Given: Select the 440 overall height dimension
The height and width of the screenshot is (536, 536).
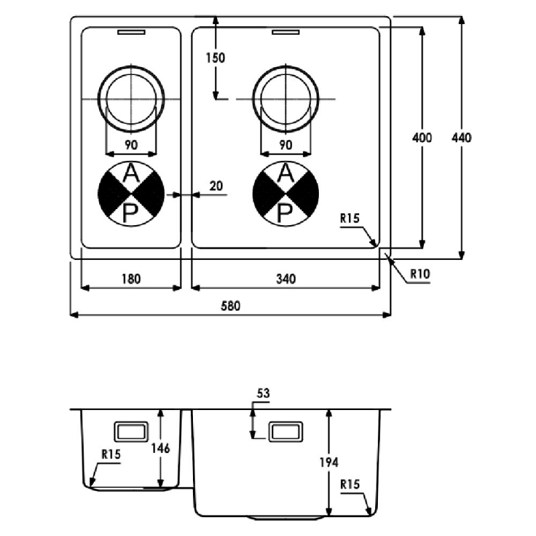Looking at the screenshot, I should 462,138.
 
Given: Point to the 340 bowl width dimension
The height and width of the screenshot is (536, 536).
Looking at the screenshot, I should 286,279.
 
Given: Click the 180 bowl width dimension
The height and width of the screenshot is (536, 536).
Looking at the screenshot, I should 131,279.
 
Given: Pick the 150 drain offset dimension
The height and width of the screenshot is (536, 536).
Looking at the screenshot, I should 216,58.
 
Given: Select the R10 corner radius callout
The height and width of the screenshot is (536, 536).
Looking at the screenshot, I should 419,273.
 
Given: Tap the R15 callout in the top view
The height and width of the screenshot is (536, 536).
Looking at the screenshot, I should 350,218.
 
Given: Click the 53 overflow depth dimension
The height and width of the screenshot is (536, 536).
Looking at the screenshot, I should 263,395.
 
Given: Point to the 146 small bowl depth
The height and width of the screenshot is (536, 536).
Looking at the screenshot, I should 170,448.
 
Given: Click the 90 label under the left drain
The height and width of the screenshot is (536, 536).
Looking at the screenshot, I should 131,145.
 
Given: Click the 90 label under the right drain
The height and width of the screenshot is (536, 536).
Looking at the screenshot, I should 285,145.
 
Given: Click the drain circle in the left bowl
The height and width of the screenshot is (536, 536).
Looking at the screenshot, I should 131,98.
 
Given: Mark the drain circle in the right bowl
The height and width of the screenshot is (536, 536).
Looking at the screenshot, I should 285,98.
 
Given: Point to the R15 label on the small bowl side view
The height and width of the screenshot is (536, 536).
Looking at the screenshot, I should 111,454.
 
